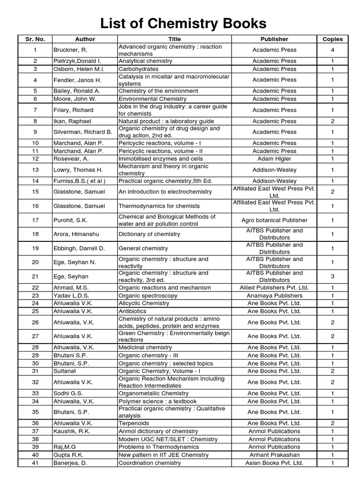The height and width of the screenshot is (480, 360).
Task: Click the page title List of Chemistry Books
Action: click(x=180, y=23)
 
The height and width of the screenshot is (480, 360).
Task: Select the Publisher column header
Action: click(x=274, y=39)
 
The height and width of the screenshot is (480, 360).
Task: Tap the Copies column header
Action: click(x=332, y=39)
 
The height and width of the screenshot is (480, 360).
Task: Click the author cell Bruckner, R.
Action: click(x=70, y=50)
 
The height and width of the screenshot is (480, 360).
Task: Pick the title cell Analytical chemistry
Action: click(x=145, y=61)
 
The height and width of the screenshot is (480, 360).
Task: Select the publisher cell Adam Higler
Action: click(x=274, y=159)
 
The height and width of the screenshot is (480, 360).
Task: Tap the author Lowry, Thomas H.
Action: click(x=77, y=170)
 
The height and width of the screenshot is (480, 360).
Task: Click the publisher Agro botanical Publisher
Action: click(x=274, y=220)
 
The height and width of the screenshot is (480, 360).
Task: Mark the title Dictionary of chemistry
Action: click(x=149, y=234)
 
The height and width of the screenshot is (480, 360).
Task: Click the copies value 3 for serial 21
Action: click(x=332, y=277)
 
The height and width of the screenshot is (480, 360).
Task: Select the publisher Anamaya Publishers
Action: click(x=274, y=295)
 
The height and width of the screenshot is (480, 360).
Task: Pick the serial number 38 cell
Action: click(x=35, y=439)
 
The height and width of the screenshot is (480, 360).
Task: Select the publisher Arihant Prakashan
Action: click(x=274, y=455)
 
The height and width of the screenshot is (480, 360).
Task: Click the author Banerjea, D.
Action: click(x=70, y=463)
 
